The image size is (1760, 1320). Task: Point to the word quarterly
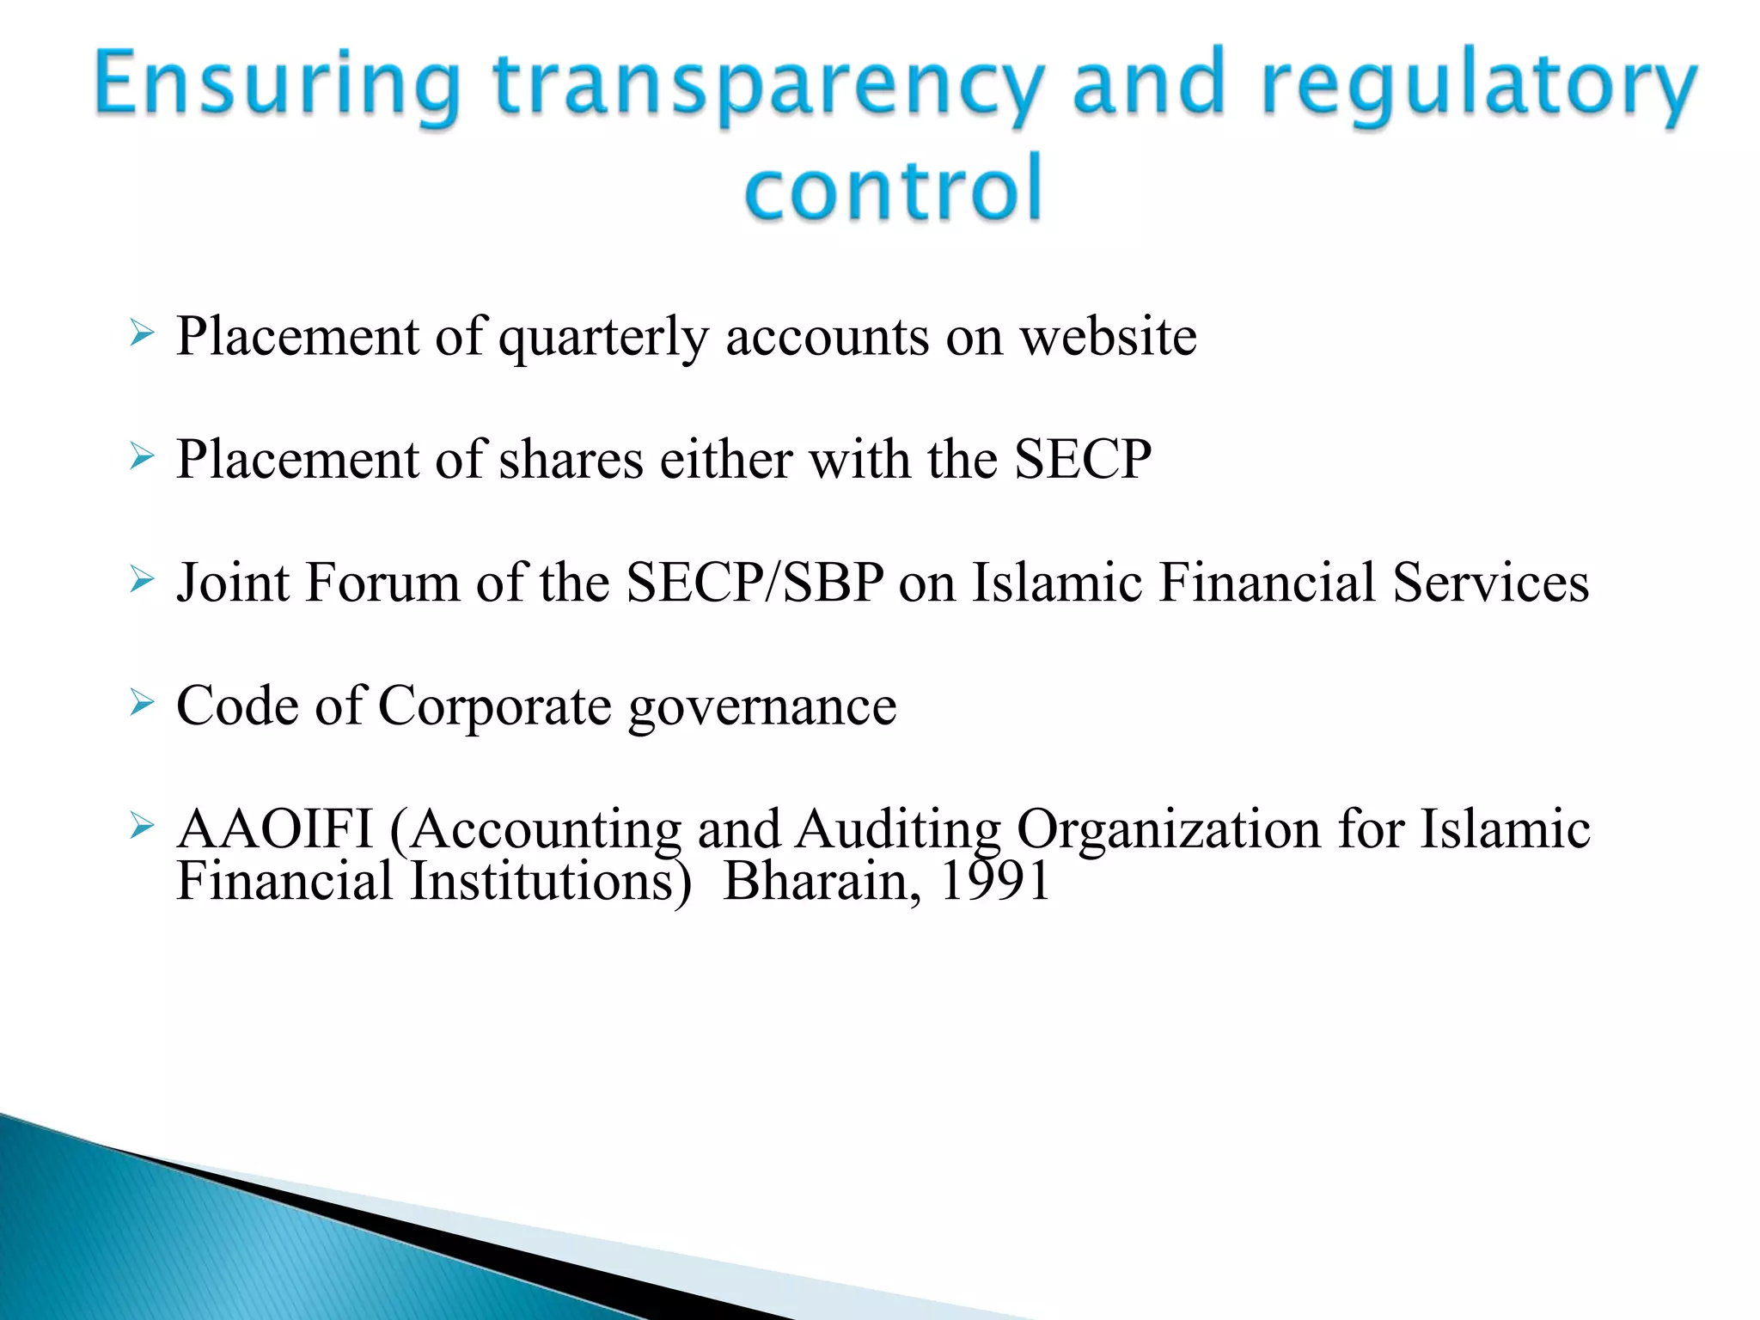(x=603, y=338)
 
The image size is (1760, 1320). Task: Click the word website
(x=1108, y=336)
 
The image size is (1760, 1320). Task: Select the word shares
(x=571, y=460)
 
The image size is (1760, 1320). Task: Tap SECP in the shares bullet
(x=1083, y=459)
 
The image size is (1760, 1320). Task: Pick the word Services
(x=1490, y=583)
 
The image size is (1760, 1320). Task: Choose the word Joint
(x=233, y=583)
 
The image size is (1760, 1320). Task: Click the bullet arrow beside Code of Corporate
(x=142, y=703)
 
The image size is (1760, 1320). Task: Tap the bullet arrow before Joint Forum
(x=142, y=580)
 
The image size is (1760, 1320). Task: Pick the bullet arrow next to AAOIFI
(x=142, y=827)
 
